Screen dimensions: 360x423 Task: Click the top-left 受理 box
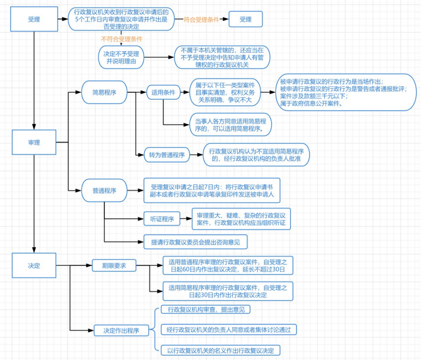click(x=34, y=19)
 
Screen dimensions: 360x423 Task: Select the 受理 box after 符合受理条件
click(x=245, y=19)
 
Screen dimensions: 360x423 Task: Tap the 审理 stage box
click(x=34, y=142)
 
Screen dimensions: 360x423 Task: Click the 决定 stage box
click(x=34, y=265)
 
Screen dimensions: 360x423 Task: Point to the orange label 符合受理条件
click(x=201, y=20)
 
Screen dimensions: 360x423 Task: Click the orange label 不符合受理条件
click(x=122, y=39)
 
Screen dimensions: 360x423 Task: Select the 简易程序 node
click(x=104, y=93)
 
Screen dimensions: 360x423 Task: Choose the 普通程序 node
click(x=104, y=191)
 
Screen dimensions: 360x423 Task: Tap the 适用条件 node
click(x=163, y=93)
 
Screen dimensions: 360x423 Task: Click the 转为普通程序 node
click(x=167, y=155)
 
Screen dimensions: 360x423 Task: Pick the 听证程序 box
click(x=162, y=219)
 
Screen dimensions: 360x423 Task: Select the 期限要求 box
click(x=114, y=266)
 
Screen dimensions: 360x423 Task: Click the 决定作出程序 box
click(x=121, y=330)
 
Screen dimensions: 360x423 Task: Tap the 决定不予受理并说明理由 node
click(x=121, y=58)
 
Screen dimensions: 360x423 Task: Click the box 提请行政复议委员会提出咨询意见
click(x=195, y=242)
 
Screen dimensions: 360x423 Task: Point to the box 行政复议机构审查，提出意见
click(x=206, y=309)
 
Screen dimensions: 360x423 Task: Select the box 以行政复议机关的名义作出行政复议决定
click(x=220, y=350)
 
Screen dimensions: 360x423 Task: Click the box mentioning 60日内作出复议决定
click(x=228, y=266)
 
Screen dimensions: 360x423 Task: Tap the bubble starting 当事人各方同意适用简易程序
click(x=230, y=125)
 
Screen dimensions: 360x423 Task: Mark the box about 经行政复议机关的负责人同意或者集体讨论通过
click(x=228, y=330)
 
